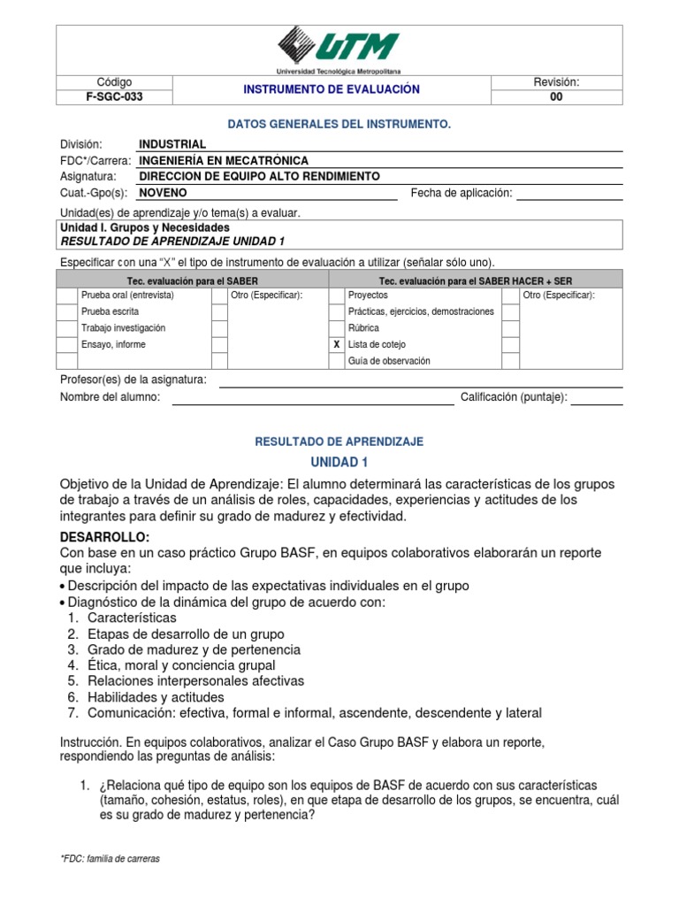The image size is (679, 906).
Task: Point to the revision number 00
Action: [x=556, y=97]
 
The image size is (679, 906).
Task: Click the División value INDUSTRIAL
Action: [x=172, y=144]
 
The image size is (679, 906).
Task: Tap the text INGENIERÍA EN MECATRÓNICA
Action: [x=224, y=160]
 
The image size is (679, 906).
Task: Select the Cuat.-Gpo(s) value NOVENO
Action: [x=164, y=193]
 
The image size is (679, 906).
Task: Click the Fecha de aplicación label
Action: [x=462, y=193]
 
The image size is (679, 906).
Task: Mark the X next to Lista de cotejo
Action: [x=336, y=344]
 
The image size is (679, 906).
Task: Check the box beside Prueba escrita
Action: [x=66, y=311]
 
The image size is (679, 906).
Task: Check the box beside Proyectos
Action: [x=336, y=296]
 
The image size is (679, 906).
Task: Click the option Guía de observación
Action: [x=389, y=360]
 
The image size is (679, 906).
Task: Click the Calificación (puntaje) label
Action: [x=514, y=398]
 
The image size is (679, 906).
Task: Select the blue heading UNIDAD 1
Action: [x=339, y=462]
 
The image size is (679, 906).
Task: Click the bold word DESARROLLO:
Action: [x=104, y=537]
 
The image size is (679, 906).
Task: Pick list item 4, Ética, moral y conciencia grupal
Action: [x=181, y=664]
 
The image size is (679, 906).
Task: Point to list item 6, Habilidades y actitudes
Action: [x=156, y=696]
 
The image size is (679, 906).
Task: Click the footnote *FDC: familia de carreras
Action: [x=110, y=858]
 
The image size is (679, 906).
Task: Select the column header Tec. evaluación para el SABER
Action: [x=192, y=280]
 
